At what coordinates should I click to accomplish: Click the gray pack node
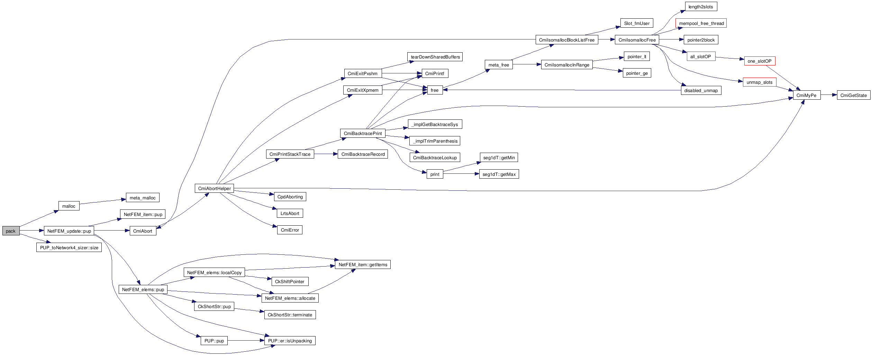[x=11, y=231]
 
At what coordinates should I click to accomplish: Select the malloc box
[x=69, y=206]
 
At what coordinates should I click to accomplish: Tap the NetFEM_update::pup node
[x=69, y=231]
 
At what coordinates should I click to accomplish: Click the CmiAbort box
[x=143, y=231]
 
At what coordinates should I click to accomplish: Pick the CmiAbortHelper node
[x=214, y=188]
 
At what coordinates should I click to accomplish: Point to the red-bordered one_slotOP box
[x=760, y=61]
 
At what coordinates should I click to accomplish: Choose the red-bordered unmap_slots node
[x=760, y=82]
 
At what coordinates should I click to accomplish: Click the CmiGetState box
[x=853, y=95]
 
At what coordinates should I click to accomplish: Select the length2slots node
[x=701, y=7]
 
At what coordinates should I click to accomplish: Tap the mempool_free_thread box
[x=701, y=23]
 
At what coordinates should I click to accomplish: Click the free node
[x=435, y=90]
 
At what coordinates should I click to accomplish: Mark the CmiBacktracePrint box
[x=363, y=133]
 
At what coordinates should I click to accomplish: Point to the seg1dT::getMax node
[x=499, y=174]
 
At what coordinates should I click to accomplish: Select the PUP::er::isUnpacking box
[x=290, y=341]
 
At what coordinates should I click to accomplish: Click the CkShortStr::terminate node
[x=290, y=315]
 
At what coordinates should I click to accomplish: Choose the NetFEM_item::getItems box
[x=363, y=264]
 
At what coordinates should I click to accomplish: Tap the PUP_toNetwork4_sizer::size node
[x=69, y=247]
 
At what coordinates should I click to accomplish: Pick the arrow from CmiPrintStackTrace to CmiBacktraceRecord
[x=326, y=154]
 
